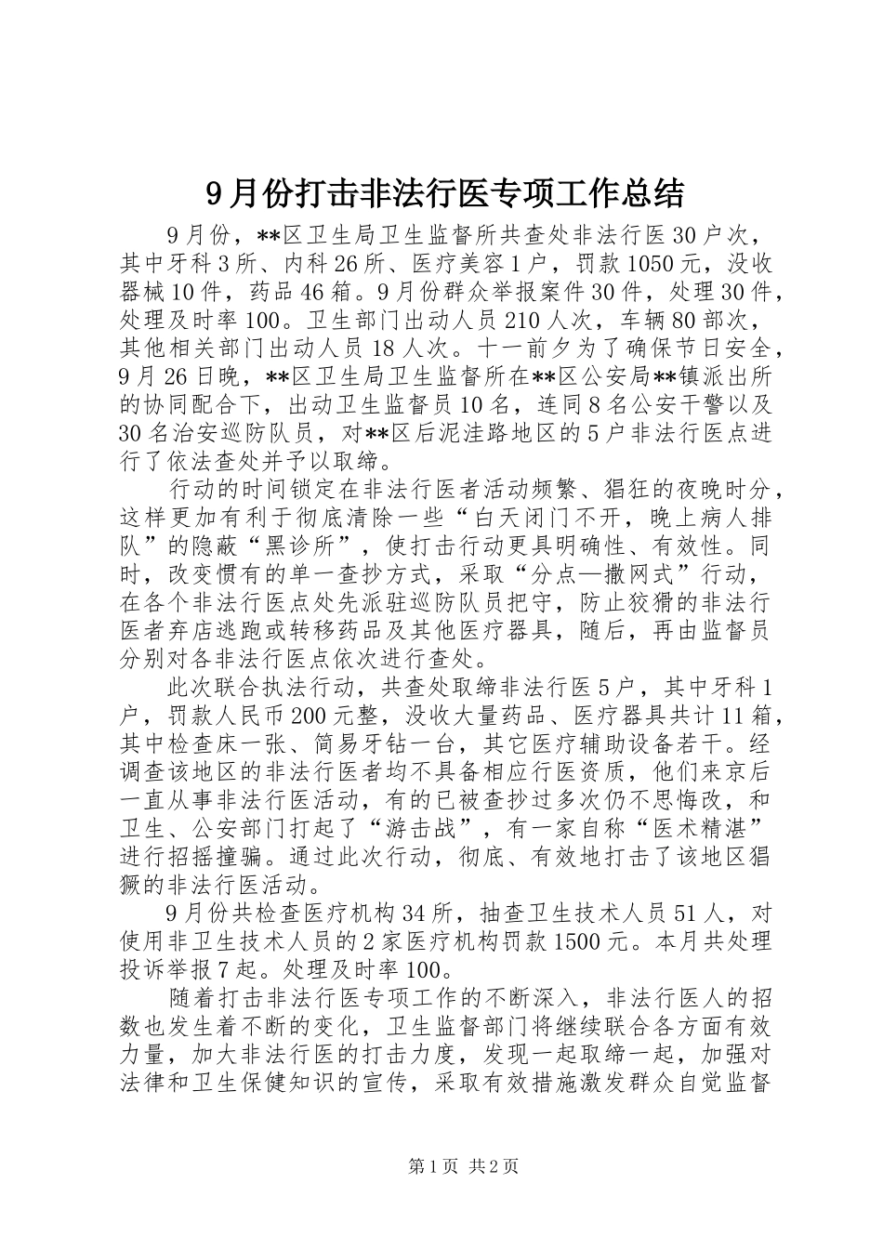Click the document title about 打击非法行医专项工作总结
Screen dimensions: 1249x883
pos(441,193)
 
